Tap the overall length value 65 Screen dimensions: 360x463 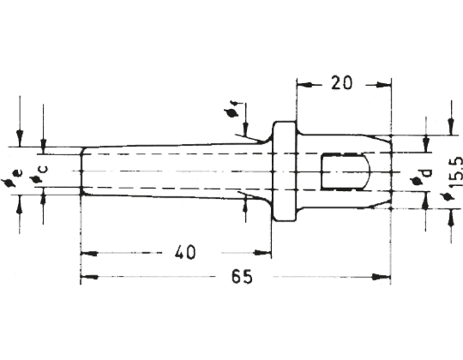click(242, 277)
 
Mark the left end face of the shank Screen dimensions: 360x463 click(81, 171)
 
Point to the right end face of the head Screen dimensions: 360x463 click(391, 171)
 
